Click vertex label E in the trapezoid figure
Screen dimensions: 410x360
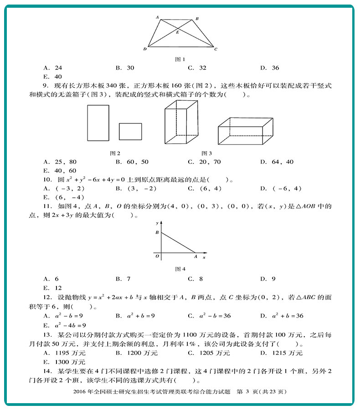(178, 33)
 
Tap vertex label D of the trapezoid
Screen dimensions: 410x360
(144, 49)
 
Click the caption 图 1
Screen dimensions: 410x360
(180, 59)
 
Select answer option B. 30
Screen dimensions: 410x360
(125, 68)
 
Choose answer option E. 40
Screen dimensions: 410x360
(52, 77)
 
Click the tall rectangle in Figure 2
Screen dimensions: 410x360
(98, 123)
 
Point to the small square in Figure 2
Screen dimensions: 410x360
(130, 131)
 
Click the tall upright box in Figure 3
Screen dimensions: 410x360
(181, 123)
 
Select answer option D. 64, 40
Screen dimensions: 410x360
(277, 162)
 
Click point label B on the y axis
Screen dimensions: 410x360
(157, 233)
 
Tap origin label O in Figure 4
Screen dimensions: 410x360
(157, 256)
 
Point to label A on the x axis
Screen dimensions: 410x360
(195, 257)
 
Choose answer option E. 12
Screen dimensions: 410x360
(52, 287)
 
